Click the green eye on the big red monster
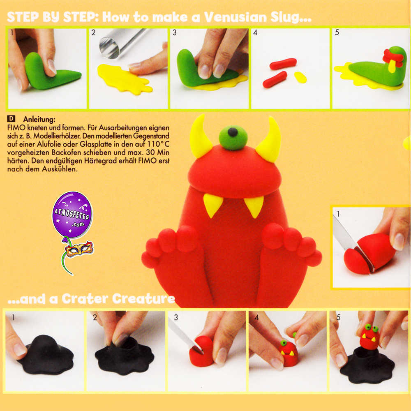click(x=233, y=138)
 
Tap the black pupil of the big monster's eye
click(x=233, y=132)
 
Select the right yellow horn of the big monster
click(x=269, y=141)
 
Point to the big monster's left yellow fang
click(x=212, y=204)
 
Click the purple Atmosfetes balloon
click(x=72, y=215)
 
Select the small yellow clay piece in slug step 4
click(x=300, y=77)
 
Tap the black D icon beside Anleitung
click(x=11, y=118)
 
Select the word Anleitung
click(x=39, y=119)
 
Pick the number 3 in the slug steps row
click(x=175, y=32)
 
